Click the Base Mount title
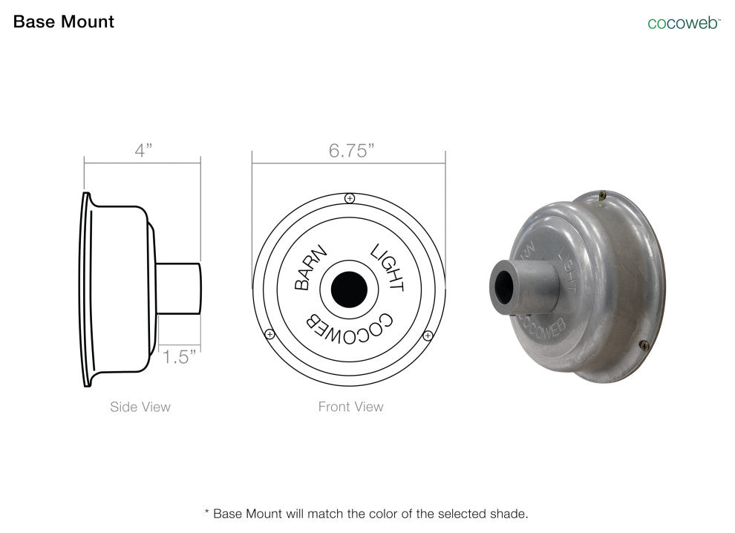tap(64, 22)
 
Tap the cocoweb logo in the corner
tap(684, 22)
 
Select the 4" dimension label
tap(143, 150)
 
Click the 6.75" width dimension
tap(352, 151)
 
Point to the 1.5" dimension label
tap(179, 357)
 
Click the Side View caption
tap(140, 407)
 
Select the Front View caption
tap(350, 406)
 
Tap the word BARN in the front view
tap(310, 267)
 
